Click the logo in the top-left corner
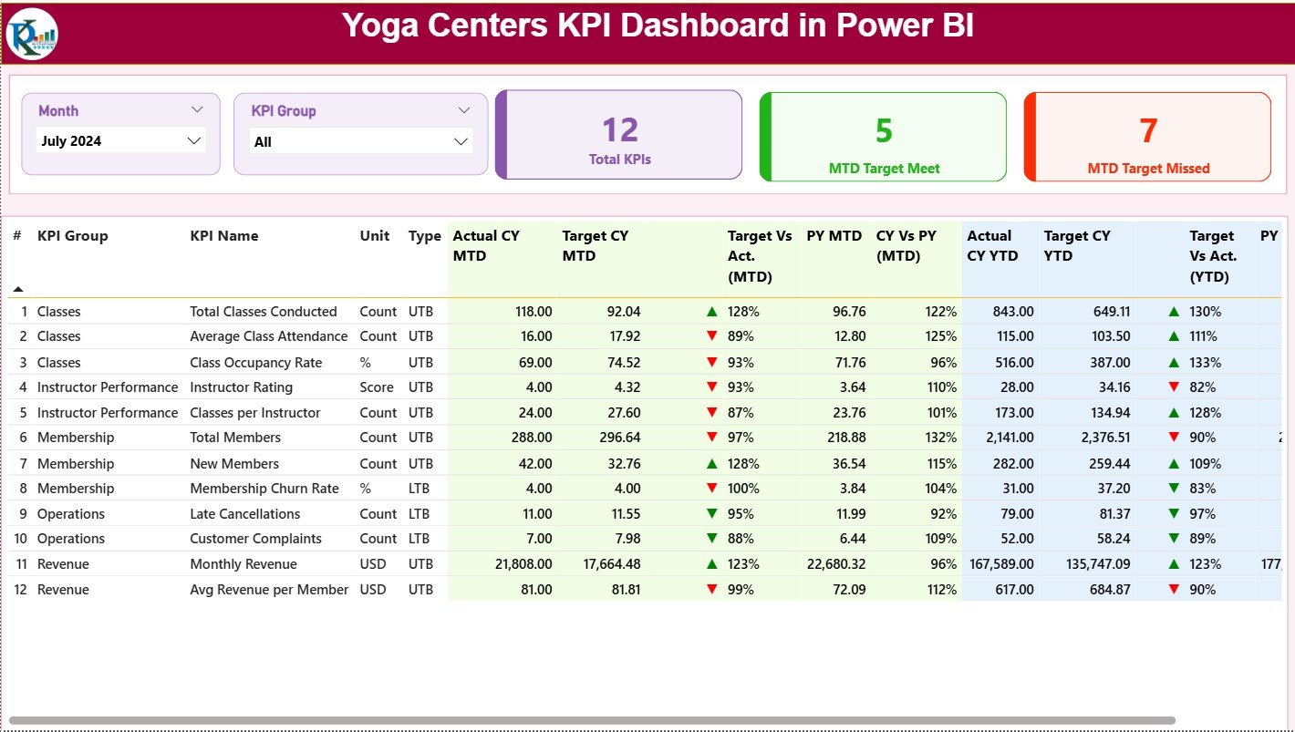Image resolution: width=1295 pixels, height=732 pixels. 32,34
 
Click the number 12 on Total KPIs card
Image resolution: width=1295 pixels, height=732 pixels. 620,130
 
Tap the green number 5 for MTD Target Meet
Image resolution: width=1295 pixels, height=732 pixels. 884,130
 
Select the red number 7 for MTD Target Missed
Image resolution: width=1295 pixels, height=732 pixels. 1148,130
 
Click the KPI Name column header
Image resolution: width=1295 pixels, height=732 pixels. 224,236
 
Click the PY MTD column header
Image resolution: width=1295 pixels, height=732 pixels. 834,236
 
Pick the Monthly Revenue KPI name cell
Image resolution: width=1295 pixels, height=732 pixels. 243,564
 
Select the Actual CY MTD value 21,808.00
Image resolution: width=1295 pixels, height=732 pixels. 523,564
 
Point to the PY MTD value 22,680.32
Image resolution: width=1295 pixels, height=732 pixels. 836,564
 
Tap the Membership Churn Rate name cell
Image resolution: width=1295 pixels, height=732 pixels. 264,489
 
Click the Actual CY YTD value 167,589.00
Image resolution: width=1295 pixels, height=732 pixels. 1000,564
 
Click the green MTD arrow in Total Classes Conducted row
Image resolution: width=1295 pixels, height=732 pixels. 711,312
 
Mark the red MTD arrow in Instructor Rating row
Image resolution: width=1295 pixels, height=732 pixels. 711,387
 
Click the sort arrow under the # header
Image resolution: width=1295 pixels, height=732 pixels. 17,289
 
